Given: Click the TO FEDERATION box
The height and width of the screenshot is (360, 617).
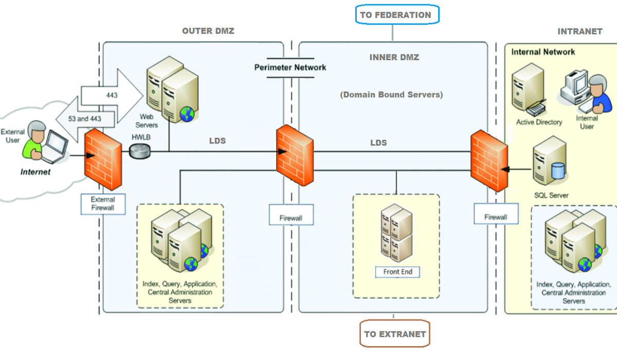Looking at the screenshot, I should pos(395,15).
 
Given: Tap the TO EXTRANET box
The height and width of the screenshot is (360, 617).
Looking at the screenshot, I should pos(395,334).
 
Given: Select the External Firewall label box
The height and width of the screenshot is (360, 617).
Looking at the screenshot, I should pos(103,204).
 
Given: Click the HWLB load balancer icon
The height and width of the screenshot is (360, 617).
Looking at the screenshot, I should pos(140,151).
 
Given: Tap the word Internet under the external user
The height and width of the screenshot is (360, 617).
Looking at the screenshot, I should pos(35,172).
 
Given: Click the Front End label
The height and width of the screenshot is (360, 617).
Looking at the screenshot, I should pos(397,272).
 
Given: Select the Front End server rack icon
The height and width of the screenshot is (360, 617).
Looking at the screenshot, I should pos(396,232).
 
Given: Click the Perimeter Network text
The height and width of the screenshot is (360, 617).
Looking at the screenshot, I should pos(291,67).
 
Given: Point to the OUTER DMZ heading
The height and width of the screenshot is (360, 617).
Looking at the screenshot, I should pos(208,31).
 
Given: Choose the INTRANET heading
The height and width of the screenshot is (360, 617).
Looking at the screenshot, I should pos(579,31).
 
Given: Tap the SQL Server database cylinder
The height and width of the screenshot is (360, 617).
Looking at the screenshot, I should pos(558,171).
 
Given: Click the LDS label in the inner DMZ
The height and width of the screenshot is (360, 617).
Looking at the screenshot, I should pos(378,142).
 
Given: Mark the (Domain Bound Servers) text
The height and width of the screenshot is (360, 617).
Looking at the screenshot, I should pos(391,95).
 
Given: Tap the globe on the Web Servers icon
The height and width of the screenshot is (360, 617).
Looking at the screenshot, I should pos(187,114).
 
